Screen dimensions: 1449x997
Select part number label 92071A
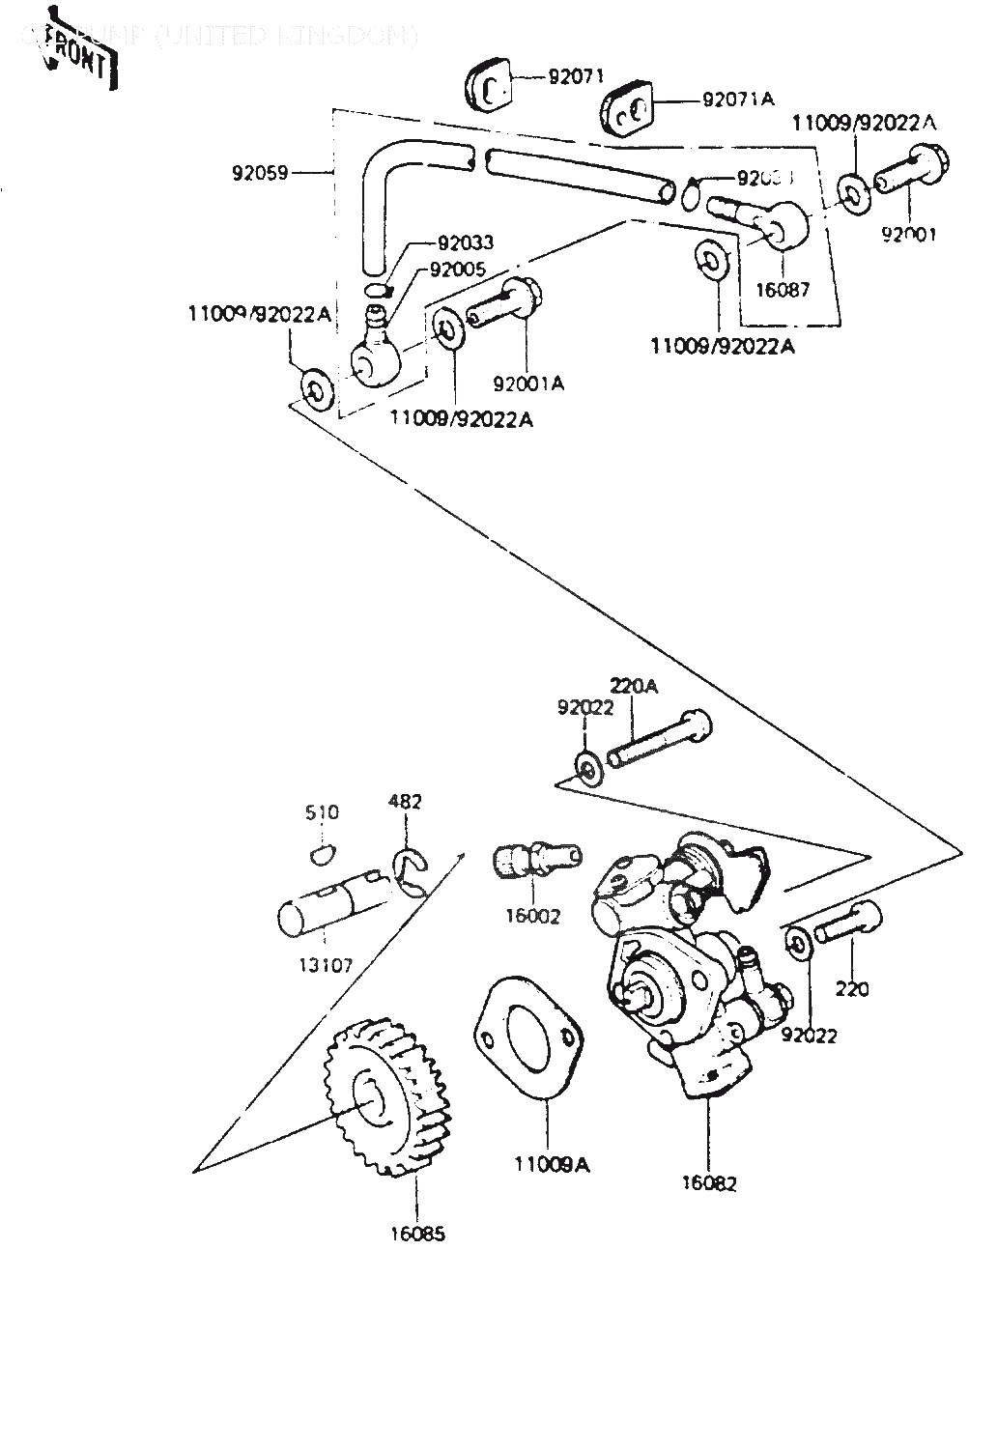coord(738,99)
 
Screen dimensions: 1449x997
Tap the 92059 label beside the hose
coord(261,175)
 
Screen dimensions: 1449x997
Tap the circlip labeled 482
coord(411,871)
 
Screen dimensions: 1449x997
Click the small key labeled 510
coord(322,852)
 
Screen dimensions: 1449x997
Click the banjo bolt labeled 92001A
coord(507,303)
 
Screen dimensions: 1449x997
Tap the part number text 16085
coord(418,1234)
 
